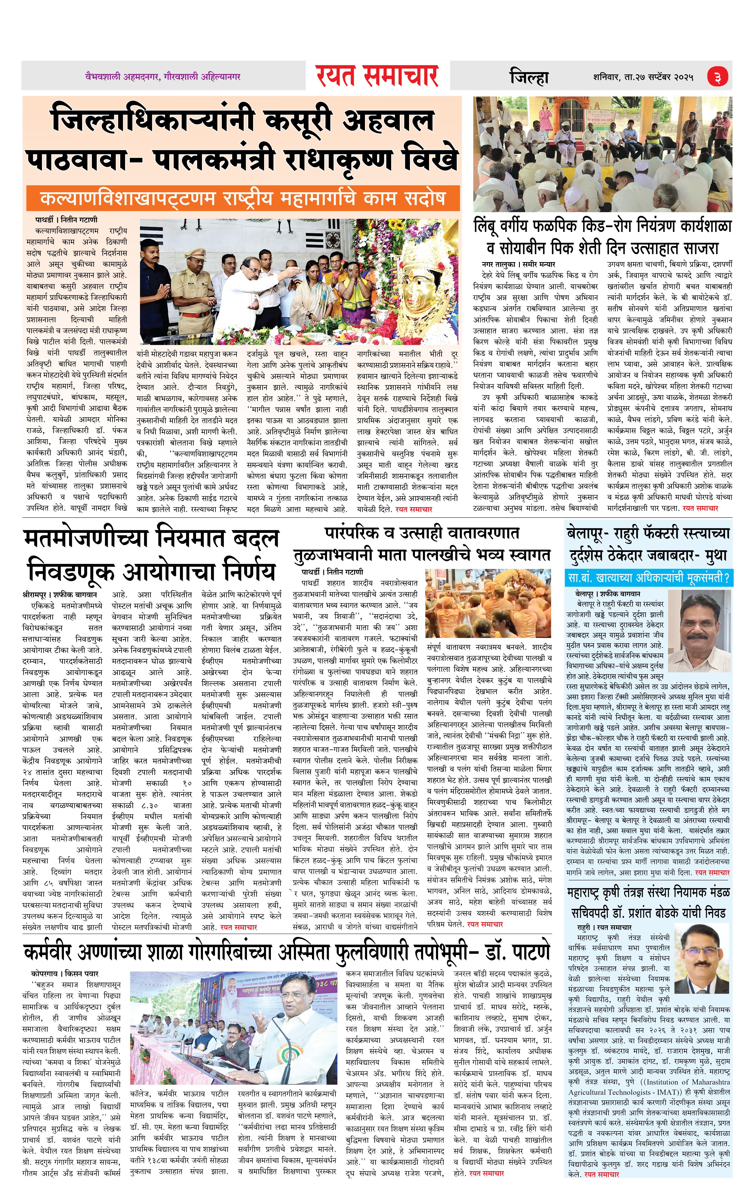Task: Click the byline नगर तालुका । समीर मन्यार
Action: [x=519, y=264]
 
